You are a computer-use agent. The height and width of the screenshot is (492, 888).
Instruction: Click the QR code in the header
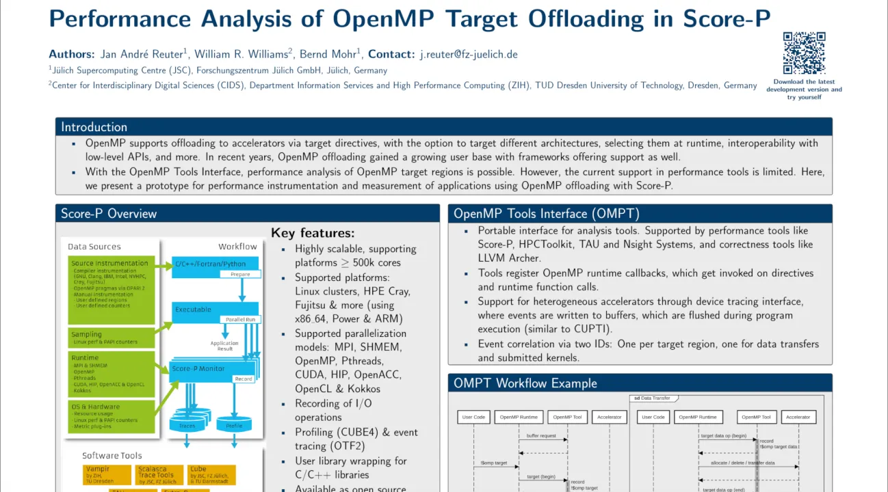pyautogui.click(x=804, y=53)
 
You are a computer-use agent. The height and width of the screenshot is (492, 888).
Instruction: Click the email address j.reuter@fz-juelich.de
pyautogui.click(x=468, y=54)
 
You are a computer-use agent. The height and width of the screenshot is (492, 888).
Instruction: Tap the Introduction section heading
pyautogui.click(x=94, y=127)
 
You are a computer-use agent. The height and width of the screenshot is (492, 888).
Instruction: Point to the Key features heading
pyautogui.click(x=313, y=233)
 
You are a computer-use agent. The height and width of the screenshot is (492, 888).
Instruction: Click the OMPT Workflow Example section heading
pyautogui.click(x=525, y=383)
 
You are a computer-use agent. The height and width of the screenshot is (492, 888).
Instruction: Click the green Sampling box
pyautogui.click(x=112, y=338)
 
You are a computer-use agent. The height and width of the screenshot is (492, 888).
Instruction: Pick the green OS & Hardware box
pyautogui.click(x=112, y=417)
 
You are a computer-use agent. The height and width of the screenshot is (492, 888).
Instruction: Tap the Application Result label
pyautogui.click(x=224, y=346)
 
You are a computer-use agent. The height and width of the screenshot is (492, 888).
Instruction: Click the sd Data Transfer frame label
pyautogui.click(x=651, y=398)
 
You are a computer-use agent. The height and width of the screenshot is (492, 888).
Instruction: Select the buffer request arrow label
pyautogui.click(x=541, y=436)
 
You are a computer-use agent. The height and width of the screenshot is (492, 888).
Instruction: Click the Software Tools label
pyautogui.click(x=112, y=456)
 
